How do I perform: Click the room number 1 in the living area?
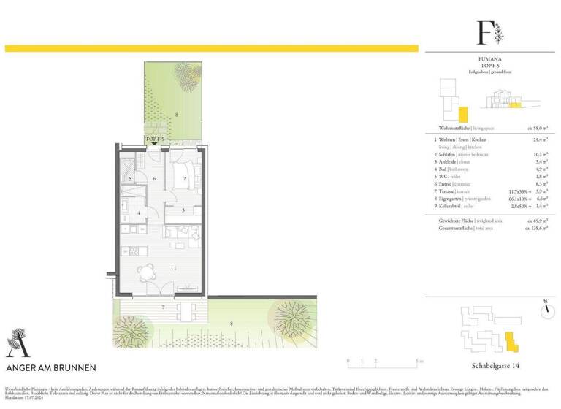click(x=175, y=268)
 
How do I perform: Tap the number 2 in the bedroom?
click(x=185, y=178)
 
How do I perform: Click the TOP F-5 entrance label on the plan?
click(x=156, y=138)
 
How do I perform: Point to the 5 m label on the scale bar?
click(x=416, y=362)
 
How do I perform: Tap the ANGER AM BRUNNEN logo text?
click(x=50, y=367)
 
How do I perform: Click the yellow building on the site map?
click(x=511, y=340)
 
